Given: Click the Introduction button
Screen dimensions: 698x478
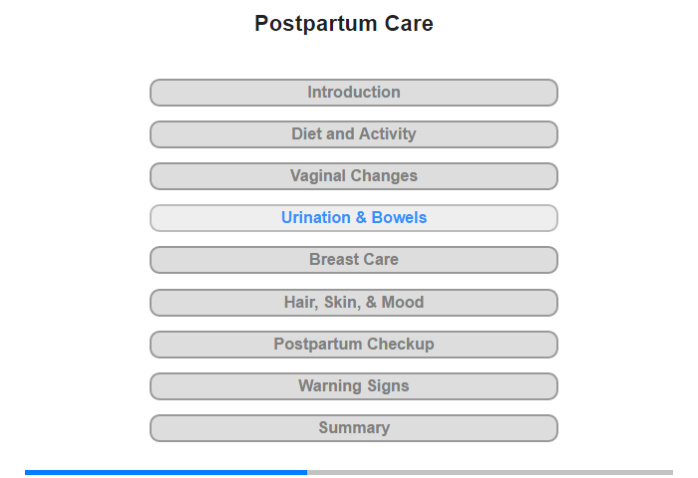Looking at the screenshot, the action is tap(354, 93).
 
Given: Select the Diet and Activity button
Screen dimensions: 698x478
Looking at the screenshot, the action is tap(354, 134).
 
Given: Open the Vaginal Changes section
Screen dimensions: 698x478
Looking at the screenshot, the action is tap(354, 176).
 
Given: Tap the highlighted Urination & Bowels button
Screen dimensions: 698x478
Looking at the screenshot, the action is tap(354, 218).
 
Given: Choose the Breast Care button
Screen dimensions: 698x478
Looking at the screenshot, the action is tap(354, 260).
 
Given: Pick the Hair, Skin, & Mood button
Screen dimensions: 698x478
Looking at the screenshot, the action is tap(354, 303).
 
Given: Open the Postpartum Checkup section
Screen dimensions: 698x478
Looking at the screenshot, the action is tap(354, 345).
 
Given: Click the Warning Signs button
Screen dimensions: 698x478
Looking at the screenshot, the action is tap(354, 386).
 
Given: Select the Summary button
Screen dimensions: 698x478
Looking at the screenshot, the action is tap(354, 428).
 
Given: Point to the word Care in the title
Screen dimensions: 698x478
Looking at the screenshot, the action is tap(409, 24).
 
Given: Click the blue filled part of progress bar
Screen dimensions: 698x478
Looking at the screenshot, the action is tap(167, 472).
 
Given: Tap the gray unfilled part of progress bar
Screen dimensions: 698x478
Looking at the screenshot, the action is tap(491, 472).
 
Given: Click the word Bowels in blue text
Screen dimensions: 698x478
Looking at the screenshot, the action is tap(399, 217).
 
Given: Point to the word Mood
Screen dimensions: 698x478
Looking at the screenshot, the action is tap(403, 303).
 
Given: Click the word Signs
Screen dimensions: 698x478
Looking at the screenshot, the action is tap(388, 386).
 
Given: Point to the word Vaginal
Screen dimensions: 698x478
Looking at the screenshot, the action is tap(318, 176).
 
